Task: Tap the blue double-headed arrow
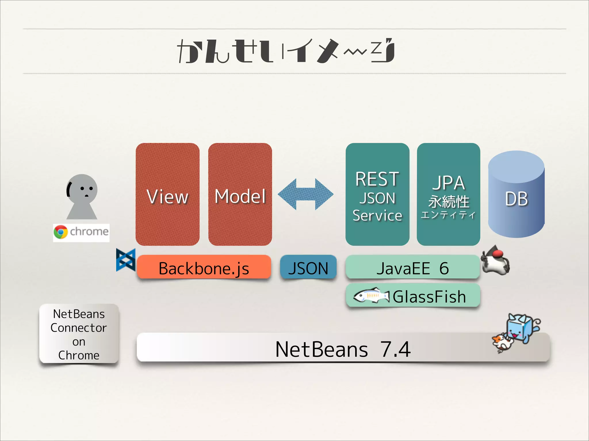305,194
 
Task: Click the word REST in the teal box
377,179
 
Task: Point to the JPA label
448,183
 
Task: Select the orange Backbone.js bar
204,268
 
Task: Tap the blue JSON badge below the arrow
308,268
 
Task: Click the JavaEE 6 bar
412,268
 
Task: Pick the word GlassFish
429,296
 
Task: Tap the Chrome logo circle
61,232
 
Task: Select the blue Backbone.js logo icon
126,260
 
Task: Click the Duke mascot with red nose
496,261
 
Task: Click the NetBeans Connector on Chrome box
79,334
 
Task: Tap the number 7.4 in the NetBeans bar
395,349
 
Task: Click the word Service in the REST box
377,216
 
